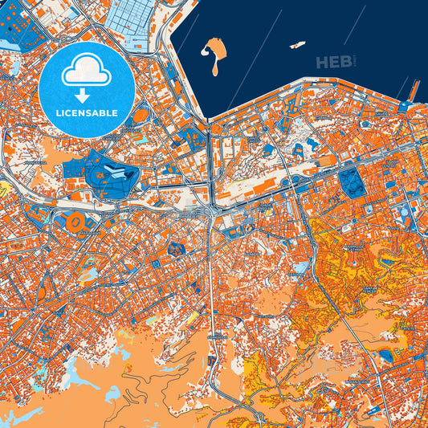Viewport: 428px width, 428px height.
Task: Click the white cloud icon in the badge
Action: click(x=86, y=71)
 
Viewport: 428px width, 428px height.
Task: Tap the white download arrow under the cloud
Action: click(x=86, y=91)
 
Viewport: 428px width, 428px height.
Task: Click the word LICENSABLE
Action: click(x=86, y=113)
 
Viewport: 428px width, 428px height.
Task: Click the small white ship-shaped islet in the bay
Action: click(x=297, y=45)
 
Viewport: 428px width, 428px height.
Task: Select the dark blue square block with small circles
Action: click(x=352, y=181)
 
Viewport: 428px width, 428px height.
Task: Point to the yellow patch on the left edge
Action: click(x=3, y=190)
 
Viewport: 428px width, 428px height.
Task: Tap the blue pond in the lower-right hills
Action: click(x=386, y=354)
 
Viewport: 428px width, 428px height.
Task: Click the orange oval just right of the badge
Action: click(x=141, y=116)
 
